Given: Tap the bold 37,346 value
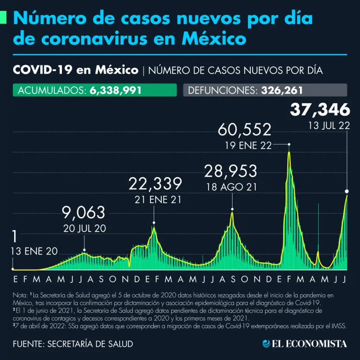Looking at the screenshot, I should point(320,110).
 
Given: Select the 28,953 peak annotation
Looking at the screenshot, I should point(230,171).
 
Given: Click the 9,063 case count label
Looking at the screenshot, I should point(84,213).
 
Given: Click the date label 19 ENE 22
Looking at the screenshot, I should point(248,145).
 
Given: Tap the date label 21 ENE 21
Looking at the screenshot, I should point(155,199).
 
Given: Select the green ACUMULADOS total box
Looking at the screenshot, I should point(95,90).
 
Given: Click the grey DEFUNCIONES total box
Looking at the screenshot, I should point(265,90).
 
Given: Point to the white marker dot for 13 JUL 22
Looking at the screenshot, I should point(347,191).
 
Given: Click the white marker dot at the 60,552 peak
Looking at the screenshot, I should point(289,144).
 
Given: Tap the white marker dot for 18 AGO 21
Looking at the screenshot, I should point(232,210).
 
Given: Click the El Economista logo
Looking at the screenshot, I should point(305,344).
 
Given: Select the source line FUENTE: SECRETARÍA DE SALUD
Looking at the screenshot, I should point(73,344).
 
